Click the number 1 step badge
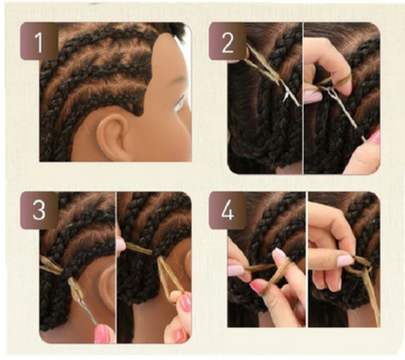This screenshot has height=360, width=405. pos(39,42)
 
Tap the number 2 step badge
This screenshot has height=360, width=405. pos(227,42)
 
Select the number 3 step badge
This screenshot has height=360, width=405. pos(39,210)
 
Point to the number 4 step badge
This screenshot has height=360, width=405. pos(227,210)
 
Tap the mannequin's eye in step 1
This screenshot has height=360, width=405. pos(179,105)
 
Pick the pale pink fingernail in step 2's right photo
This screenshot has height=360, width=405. pos(312,96)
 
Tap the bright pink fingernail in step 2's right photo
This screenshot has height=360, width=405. pos(376,137)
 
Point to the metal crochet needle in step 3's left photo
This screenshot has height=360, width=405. pos(88,308)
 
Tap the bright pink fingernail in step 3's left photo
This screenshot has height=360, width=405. pos(103,333)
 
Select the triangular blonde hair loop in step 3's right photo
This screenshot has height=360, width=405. pos(169,275)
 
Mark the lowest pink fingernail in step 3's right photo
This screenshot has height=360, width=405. pos(179,335)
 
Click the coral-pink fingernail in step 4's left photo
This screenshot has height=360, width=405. pos(257,288)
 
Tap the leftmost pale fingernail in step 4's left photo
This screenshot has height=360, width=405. pos(236,270)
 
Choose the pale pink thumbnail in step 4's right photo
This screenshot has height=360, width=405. pos(345,260)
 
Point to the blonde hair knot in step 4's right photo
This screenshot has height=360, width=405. pos(361,267)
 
